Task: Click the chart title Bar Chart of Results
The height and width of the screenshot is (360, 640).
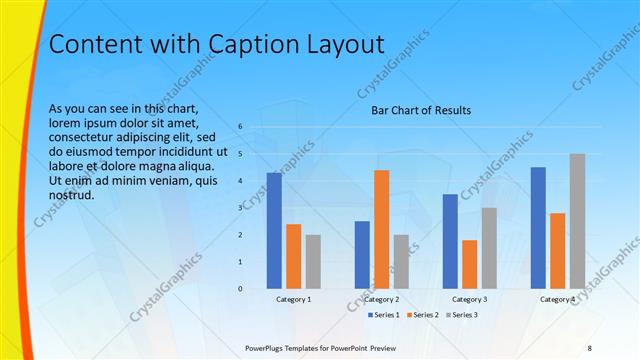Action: click(x=421, y=110)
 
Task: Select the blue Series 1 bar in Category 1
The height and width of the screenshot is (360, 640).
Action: click(x=274, y=230)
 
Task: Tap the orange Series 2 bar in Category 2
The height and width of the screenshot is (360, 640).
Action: click(x=381, y=229)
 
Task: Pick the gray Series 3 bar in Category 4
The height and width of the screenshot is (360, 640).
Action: click(x=577, y=221)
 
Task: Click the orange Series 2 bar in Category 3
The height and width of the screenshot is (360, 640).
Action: click(x=469, y=264)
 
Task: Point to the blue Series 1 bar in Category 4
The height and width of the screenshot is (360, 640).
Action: click(x=538, y=227)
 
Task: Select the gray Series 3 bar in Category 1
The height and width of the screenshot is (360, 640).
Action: click(x=313, y=261)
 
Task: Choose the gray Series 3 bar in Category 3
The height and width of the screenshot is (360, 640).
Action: click(x=489, y=248)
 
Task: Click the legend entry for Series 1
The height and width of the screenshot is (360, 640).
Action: click(x=383, y=315)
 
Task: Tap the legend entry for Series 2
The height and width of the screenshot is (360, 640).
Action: click(x=421, y=315)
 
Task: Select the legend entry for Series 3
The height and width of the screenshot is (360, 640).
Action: click(x=460, y=315)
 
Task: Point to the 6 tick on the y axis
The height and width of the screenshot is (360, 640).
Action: click(x=240, y=127)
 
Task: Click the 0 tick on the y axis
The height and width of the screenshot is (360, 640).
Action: click(x=240, y=288)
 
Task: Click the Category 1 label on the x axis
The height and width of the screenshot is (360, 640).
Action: click(x=293, y=299)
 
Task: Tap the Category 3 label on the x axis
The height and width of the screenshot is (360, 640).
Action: click(x=469, y=299)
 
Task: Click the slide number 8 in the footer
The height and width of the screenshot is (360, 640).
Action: click(x=589, y=346)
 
